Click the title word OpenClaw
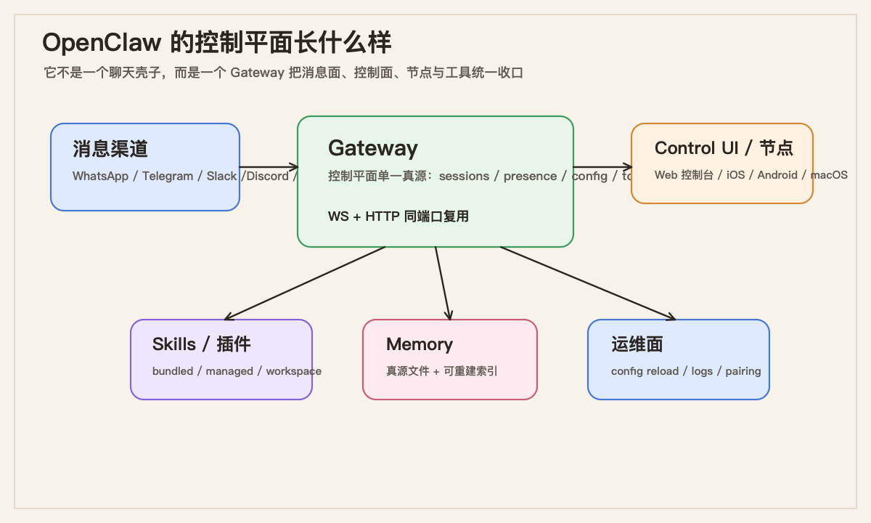[x=102, y=43]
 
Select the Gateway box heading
[x=372, y=148]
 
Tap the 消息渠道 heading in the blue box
[x=110, y=149]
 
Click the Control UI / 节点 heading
[x=723, y=148]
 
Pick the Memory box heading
[x=419, y=344]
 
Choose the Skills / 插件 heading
[x=201, y=344]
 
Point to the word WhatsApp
[x=101, y=176]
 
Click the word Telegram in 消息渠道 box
[x=168, y=176]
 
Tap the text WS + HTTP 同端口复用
[x=398, y=216]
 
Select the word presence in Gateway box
[x=530, y=176]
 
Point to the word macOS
[x=829, y=175]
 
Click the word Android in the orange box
[x=777, y=175]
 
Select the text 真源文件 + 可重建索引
[x=441, y=371]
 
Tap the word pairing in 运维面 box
[x=743, y=371]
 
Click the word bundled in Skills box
[x=173, y=371]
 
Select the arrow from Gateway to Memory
[x=443, y=283]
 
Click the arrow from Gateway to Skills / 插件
[x=305, y=283]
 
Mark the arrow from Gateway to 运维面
[x=588, y=283]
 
